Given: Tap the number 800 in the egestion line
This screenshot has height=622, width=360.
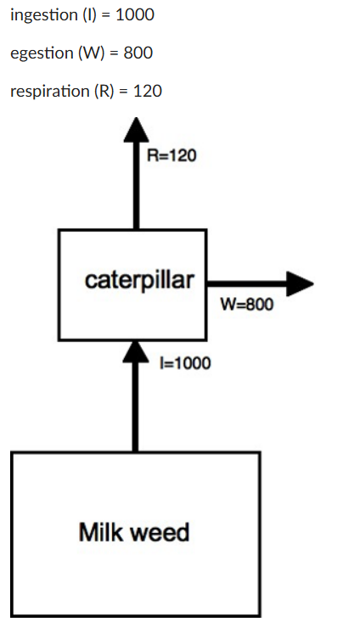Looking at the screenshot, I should coord(138,53).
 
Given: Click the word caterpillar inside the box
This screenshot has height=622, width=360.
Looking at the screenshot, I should coord(139,281).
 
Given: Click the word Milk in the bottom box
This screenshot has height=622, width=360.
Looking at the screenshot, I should coord(100,533).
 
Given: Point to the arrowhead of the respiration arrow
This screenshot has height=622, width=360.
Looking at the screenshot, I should coord(134,132).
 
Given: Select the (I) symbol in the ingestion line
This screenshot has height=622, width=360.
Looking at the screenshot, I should coord(86,16).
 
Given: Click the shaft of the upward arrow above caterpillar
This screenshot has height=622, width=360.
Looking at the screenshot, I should coord(134,187).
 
